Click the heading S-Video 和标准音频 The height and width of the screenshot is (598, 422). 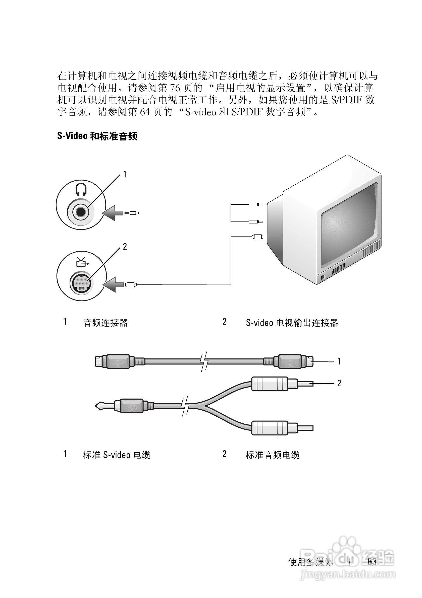coord(97,136)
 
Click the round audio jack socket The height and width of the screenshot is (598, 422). coord(81,212)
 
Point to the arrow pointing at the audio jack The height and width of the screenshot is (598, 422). coord(113,213)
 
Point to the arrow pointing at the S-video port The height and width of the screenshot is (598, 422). coord(114,284)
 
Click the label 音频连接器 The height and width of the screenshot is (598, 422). coord(105,323)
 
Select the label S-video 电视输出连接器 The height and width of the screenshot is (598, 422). coord(292,323)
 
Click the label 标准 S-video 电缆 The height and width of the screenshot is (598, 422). coord(117,455)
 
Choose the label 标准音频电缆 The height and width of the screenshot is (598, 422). coord(273,455)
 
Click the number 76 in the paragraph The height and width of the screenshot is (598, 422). coord(175,88)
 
